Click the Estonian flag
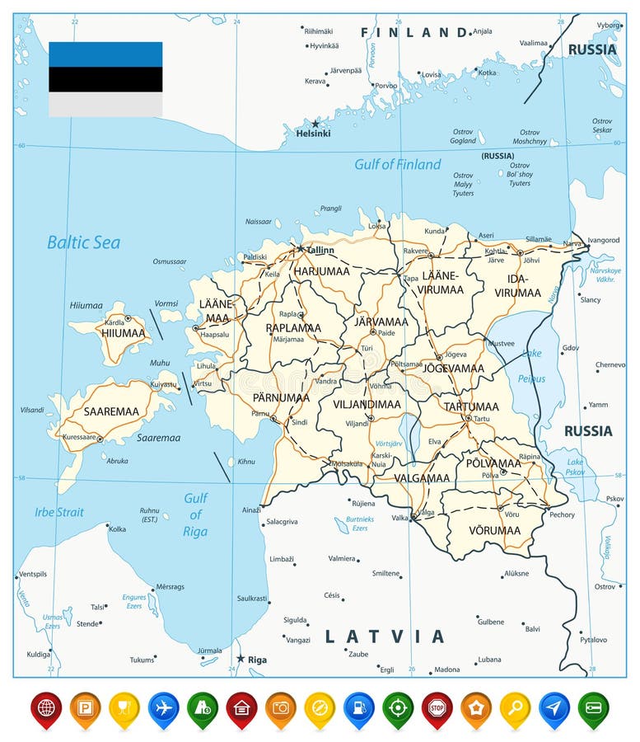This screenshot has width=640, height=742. coord(105,79)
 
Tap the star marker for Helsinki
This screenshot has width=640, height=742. coord(315,124)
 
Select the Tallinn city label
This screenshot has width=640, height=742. coord(320,250)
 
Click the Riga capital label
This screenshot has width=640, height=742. coord(257,660)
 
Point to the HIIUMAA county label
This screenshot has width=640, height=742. coord(123,333)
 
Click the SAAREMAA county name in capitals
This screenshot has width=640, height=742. coord(111,410)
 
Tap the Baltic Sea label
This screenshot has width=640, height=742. coord(83,242)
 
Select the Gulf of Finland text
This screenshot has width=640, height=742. coord(397,164)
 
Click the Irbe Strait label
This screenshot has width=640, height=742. coord(58,512)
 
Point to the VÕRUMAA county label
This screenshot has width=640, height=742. coord(494,530)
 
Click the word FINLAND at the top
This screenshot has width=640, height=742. coord(414,32)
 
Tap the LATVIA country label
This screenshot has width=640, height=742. coord(385,636)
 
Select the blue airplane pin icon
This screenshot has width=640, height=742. coord(163,707)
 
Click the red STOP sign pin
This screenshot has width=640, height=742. coord(437,707)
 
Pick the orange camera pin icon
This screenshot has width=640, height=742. coord(280,707)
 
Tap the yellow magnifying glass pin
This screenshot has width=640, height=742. coord(515,707)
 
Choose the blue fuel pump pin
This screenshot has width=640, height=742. coord(359,707)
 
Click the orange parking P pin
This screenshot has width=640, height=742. coord(85,707)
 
